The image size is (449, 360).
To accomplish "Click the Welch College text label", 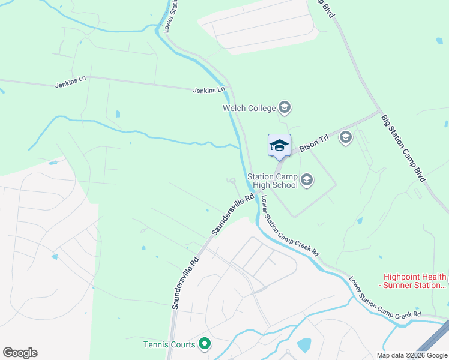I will (249, 108).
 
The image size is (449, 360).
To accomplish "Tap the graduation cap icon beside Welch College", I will (285, 108).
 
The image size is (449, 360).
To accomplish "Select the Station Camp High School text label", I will (273, 181).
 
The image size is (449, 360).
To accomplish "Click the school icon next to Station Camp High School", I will (307, 180).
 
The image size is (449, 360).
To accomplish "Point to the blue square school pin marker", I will (279, 145).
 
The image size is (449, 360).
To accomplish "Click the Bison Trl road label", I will (315, 142).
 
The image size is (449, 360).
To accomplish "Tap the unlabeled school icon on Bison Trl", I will (345, 138).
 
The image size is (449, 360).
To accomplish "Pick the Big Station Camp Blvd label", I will (403, 148).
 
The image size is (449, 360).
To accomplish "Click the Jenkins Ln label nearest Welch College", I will (209, 90).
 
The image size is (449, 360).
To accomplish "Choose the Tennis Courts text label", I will (169, 344).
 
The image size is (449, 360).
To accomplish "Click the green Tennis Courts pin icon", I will (205, 344).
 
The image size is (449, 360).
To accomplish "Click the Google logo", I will (20, 353).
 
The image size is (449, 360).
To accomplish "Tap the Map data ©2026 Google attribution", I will (412, 355).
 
